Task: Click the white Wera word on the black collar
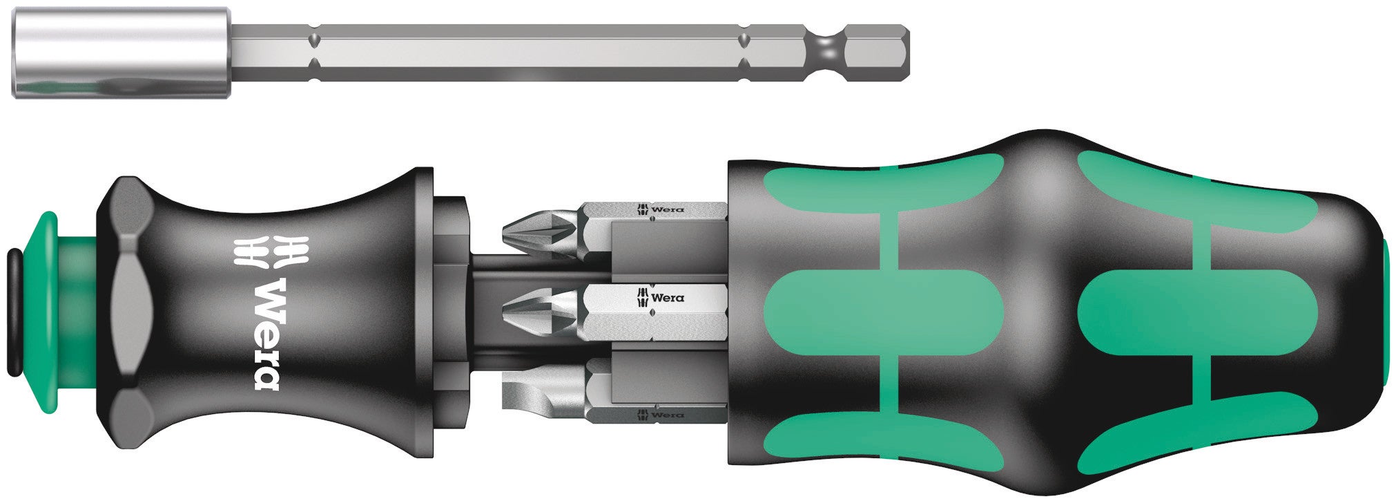[266, 334]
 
